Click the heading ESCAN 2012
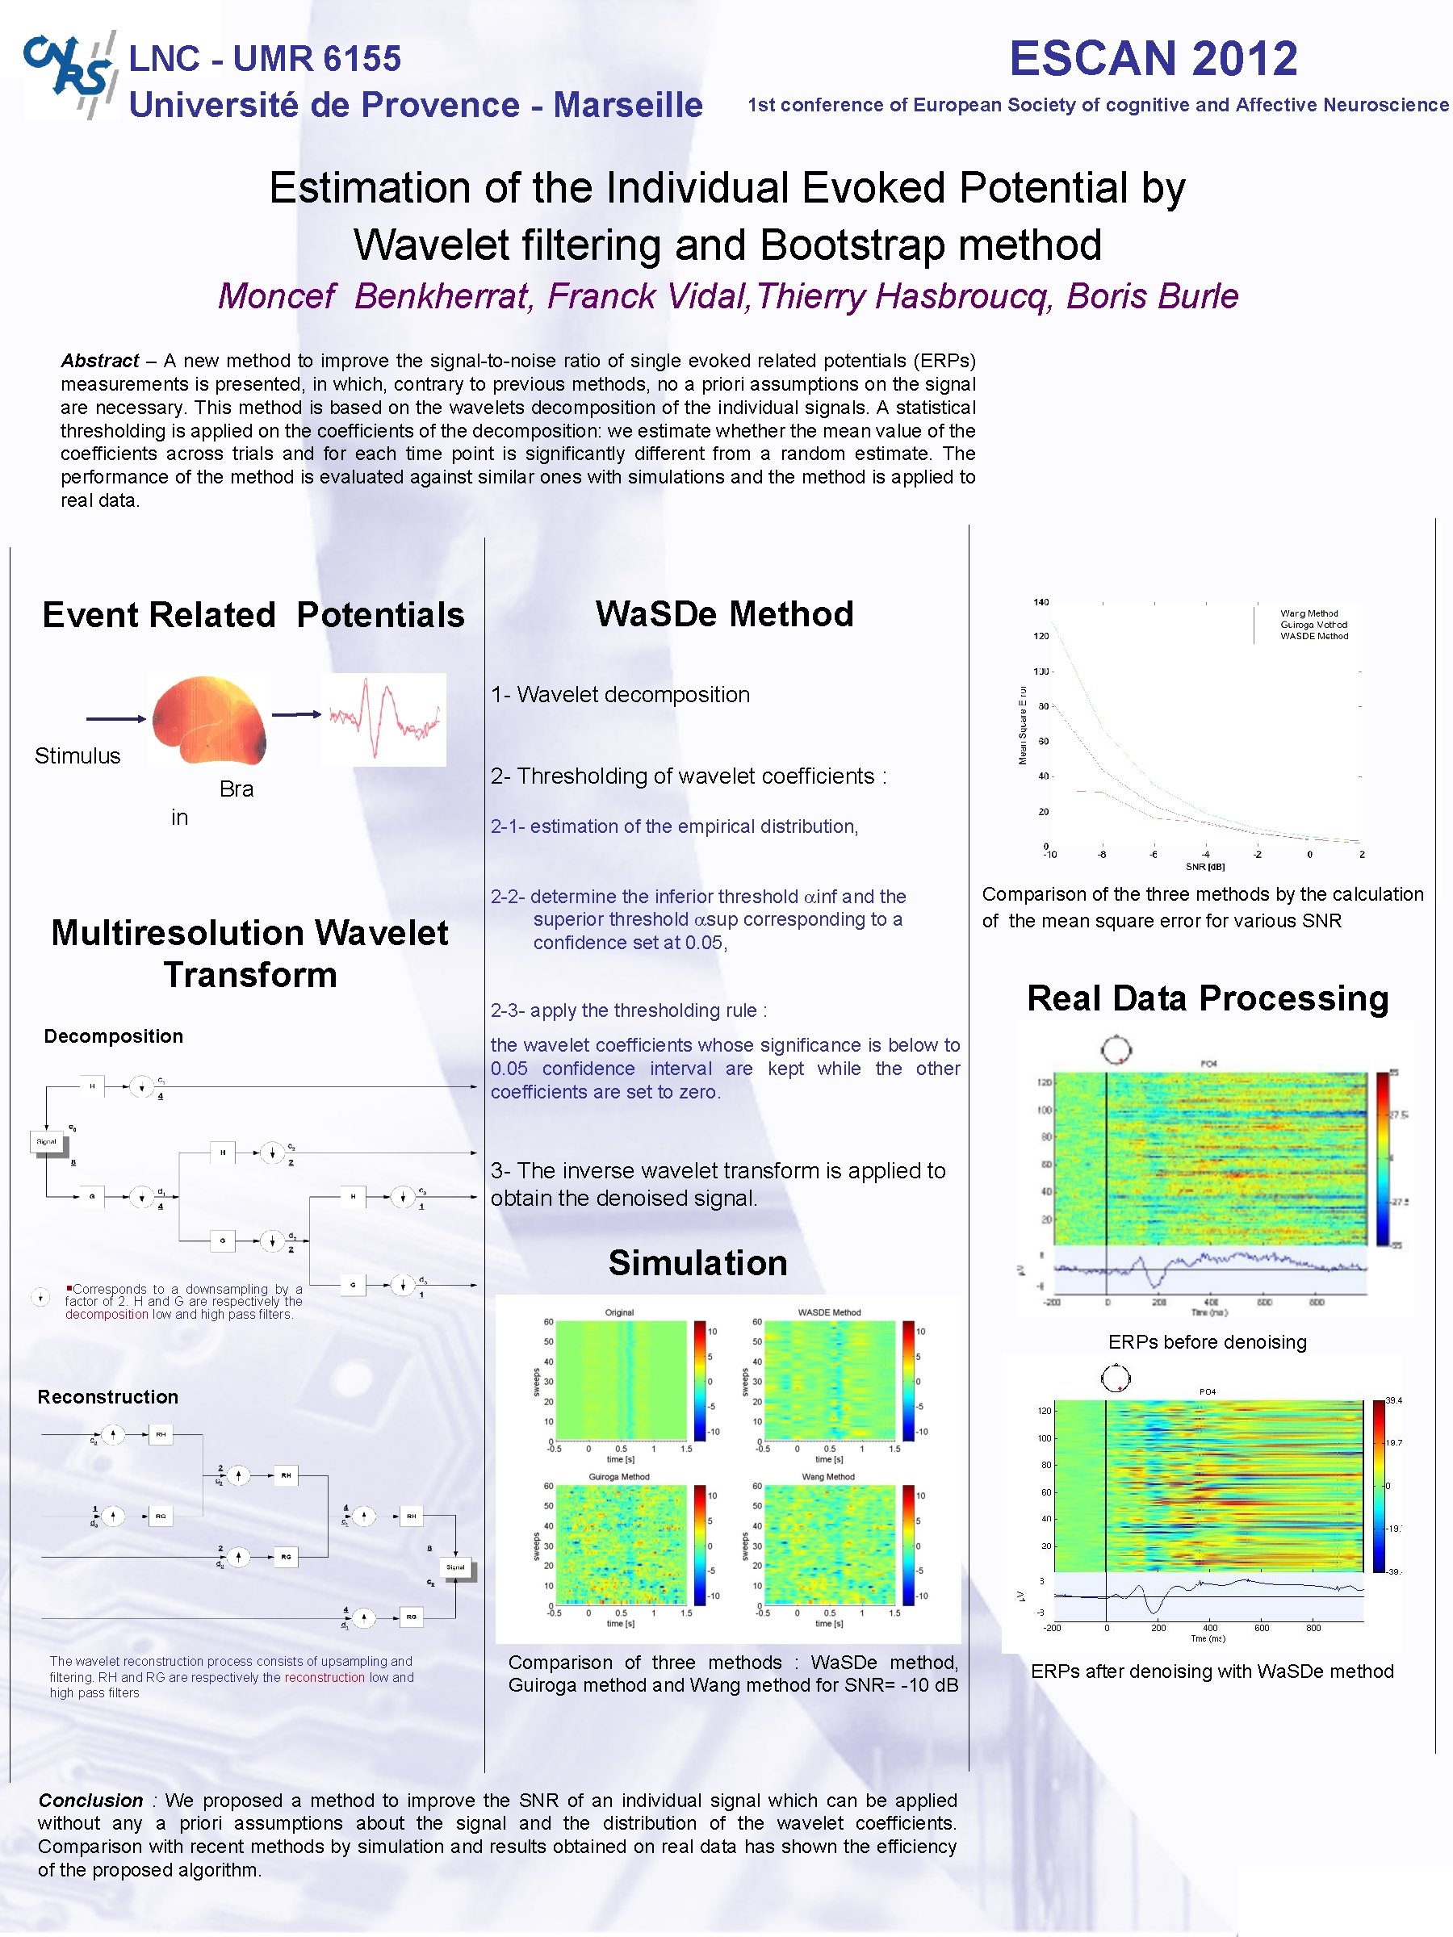(x=1153, y=59)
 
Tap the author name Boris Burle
(x=1152, y=296)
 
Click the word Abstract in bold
(x=100, y=361)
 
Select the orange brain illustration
(x=208, y=718)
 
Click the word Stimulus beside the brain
(x=77, y=755)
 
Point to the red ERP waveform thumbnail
(x=383, y=719)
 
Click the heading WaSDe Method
(x=724, y=614)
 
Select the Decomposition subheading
(x=114, y=1036)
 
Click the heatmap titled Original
(x=621, y=1379)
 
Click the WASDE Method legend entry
(x=1313, y=636)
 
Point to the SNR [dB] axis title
(x=1205, y=866)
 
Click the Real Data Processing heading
(x=1208, y=998)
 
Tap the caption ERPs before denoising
(x=1207, y=1341)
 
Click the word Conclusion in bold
(x=90, y=1801)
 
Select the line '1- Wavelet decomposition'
(x=620, y=694)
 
